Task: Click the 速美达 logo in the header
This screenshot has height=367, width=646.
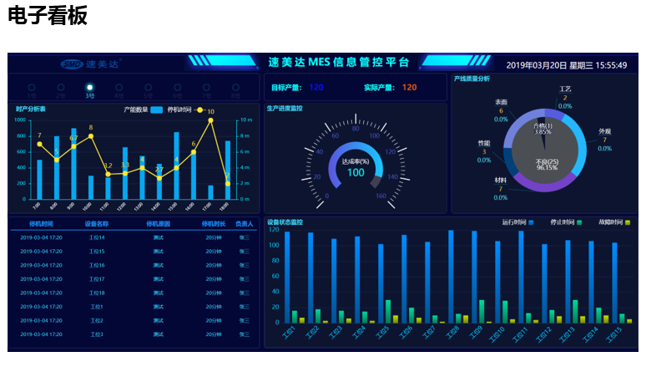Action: (x=91, y=64)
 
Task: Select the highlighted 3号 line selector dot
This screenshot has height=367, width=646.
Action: (x=89, y=87)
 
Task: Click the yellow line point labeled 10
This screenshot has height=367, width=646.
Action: (x=210, y=120)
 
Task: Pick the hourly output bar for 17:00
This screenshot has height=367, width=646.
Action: (x=210, y=191)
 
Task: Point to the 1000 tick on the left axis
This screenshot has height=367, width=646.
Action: (x=21, y=120)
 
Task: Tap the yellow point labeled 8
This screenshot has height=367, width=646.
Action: (x=91, y=136)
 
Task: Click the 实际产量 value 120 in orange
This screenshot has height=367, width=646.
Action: (x=409, y=87)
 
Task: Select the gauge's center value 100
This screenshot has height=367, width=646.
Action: (x=356, y=172)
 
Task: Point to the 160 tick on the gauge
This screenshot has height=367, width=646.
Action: (x=381, y=197)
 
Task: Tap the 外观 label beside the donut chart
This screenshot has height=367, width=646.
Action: (x=605, y=131)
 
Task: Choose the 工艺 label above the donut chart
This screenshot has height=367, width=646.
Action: (x=565, y=89)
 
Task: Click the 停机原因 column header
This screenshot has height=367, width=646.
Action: (x=158, y=224)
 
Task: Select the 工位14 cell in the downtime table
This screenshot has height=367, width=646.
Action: (x=97, y=237)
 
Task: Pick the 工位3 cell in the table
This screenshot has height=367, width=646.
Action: (x=97, y=334)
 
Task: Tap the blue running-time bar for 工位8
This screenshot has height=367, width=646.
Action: (x=452, y=277)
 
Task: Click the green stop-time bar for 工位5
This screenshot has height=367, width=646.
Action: (x=388, y=311)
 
